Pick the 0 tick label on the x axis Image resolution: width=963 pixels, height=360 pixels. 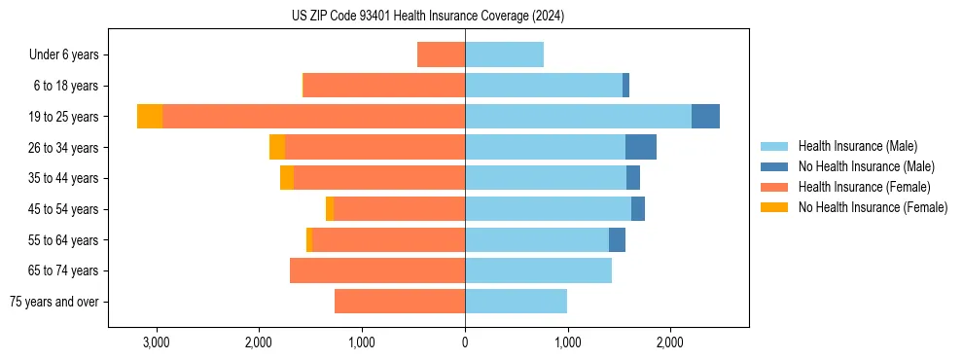(x=465, y=342)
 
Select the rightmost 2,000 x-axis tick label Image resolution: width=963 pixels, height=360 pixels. (x=670, y=342)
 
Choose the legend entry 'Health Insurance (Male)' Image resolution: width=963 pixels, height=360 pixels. (x=857, y=146)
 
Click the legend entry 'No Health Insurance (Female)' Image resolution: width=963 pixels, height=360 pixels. (x=873, y=207)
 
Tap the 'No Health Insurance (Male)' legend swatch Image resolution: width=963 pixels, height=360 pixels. (x=774, y=166)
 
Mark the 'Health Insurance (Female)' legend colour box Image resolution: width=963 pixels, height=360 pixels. (x=774, y=187)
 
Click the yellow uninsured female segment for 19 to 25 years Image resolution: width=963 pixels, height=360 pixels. (x=150, y=117)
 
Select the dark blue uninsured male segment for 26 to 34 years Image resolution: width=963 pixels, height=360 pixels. (x=641, y=147)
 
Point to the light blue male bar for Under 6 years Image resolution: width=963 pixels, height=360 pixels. (x=504, y=54)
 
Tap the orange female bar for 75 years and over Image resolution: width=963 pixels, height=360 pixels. (x=400, y=302)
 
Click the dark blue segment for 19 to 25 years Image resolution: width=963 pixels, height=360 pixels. (x=705, y=117)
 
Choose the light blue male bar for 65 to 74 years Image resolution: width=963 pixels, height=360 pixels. (x=538, y=270)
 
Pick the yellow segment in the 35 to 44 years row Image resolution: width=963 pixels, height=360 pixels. (x=287, y=178)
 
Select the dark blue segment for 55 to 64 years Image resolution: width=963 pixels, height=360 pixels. (x=617, y=239)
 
